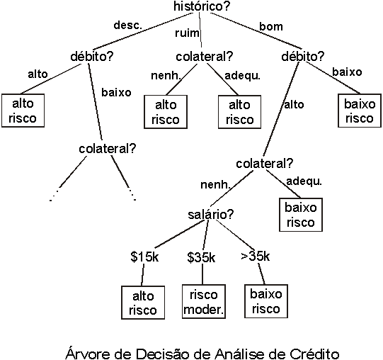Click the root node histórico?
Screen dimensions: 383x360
(x=202, y=6)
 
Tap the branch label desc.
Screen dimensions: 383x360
(x=127, y=26)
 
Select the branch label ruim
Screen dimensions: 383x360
(x=187, y=33)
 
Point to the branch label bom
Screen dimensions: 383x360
(x=271, y=26)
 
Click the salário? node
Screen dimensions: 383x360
(x=211, y=215)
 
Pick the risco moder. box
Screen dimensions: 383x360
(x=204, y=302)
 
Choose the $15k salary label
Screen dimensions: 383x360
(x=144, y=257)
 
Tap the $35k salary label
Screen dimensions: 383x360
(x=201, y=257)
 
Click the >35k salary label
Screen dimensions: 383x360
(x=256, y=256)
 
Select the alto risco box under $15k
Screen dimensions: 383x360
(x=143, y=303)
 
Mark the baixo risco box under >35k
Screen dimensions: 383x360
(x=266, y=301)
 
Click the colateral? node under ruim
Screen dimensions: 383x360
(x=205, y=57)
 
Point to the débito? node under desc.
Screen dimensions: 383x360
(x=92, y=57)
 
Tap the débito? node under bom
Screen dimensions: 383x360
(x=302, y=57)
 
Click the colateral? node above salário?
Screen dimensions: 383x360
(x=264, y=164)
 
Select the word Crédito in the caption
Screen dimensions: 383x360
(x=314, y=354)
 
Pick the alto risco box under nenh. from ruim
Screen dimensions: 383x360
(x=166, y=112)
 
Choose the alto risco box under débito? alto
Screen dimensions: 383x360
(x=23, y=111)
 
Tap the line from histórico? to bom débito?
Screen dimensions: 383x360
(x=256, y=30)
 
